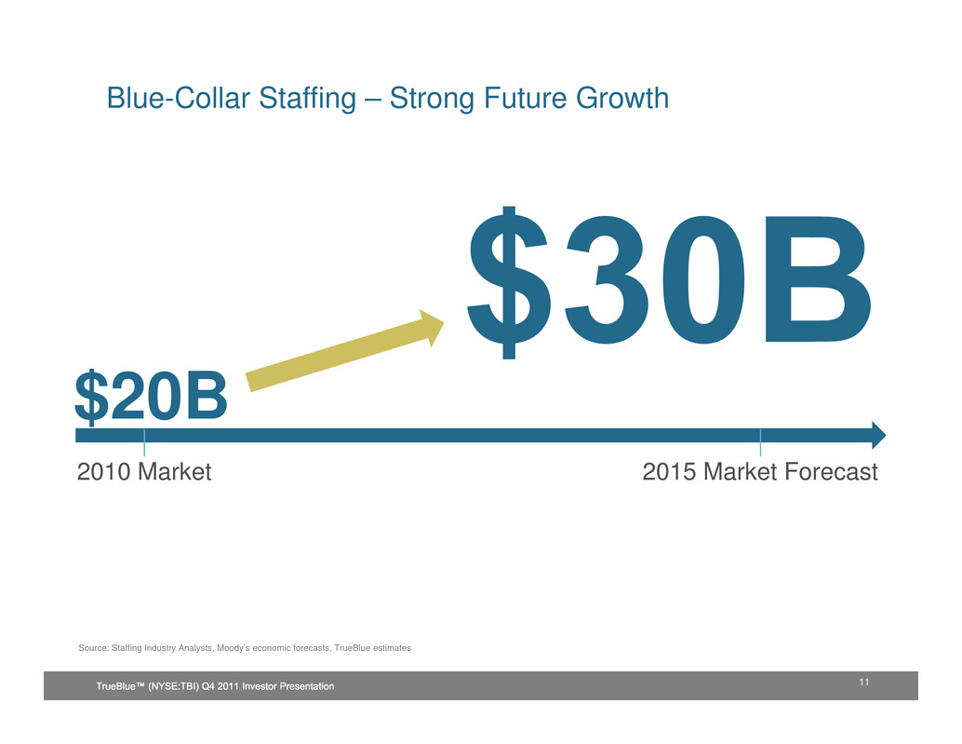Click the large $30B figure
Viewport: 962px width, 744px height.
click(669, 282)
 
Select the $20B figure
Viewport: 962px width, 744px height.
click(151, 397)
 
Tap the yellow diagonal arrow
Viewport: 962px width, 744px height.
click(345, 350)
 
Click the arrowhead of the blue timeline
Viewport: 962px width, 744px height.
click(878, 435)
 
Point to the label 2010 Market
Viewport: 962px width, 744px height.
click(144, 471)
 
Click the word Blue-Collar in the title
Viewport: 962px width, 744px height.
click(179, 98)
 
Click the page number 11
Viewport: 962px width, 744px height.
click(863, 682)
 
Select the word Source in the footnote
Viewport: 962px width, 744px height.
click(93, 647)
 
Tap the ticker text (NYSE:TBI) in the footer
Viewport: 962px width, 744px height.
click(174, 686)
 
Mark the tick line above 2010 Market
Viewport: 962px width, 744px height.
click(144, 442)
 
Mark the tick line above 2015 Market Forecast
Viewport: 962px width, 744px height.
click(760, 442)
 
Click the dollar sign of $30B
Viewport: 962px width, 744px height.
click(509, 282)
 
